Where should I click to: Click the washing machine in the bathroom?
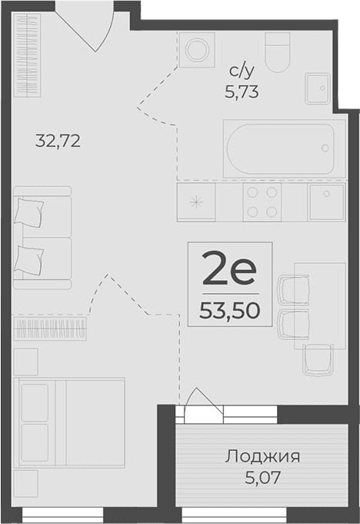tap(198, 50)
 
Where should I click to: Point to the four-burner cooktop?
tap(261, 202)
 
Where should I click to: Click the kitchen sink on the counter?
tap(326, 202)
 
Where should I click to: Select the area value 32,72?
tap(58, 141)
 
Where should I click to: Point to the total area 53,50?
tap(228, 309)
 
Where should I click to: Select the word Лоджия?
tap(262, 457)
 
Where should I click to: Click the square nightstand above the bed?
tap(25, 360)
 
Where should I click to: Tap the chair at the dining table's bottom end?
tap(318, 358)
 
